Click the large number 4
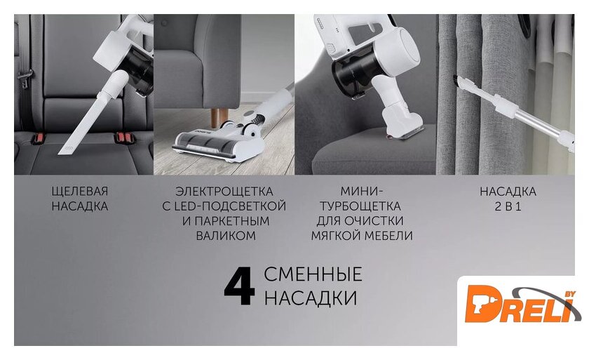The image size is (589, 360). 239,286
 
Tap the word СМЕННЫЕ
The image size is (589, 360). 313,274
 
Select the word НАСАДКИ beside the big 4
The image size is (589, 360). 311,298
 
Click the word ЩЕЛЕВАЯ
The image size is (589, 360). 80,192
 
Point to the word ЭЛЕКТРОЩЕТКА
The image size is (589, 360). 224,192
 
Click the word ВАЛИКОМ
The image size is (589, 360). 226,236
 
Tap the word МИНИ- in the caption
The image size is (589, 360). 363,192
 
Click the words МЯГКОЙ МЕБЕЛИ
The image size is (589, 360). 362,236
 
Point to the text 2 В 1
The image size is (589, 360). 508,206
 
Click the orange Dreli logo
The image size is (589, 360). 522,304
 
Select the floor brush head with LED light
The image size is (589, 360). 219,142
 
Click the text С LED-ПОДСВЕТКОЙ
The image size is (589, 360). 224,206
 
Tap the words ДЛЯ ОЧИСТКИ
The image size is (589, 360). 360,221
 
